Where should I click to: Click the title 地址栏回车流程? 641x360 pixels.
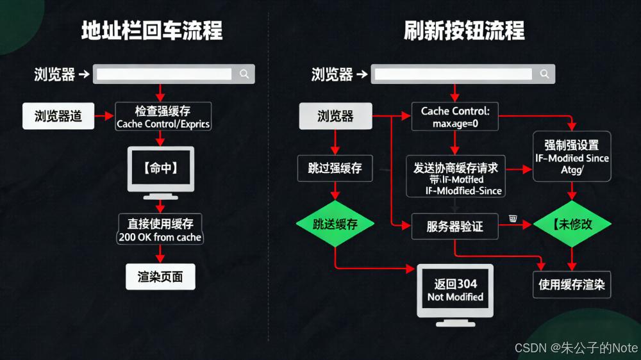pos(152,30)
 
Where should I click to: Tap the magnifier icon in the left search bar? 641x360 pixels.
pos(244,74)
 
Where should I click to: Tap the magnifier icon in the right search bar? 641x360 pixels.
pos(545,74)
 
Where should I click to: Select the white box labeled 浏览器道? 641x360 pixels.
pos(58,116)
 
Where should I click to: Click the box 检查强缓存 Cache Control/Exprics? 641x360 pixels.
pos(163,117)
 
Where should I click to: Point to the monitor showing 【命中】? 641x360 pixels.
pos(160,169)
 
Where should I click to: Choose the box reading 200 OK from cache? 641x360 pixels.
pos(160,230)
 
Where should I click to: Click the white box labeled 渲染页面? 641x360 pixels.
pos(160,277)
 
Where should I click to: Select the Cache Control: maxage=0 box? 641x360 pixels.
pos(455,117)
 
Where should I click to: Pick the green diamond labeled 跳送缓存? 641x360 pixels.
pos(335,224)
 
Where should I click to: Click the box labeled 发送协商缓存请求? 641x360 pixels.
pos(456,176)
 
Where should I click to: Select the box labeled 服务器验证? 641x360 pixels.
pos(455,226)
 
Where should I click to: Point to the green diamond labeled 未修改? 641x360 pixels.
pos(572,224)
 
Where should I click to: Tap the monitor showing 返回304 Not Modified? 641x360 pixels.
pos(455,290)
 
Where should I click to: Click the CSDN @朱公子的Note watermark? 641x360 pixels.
pos(576,348)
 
